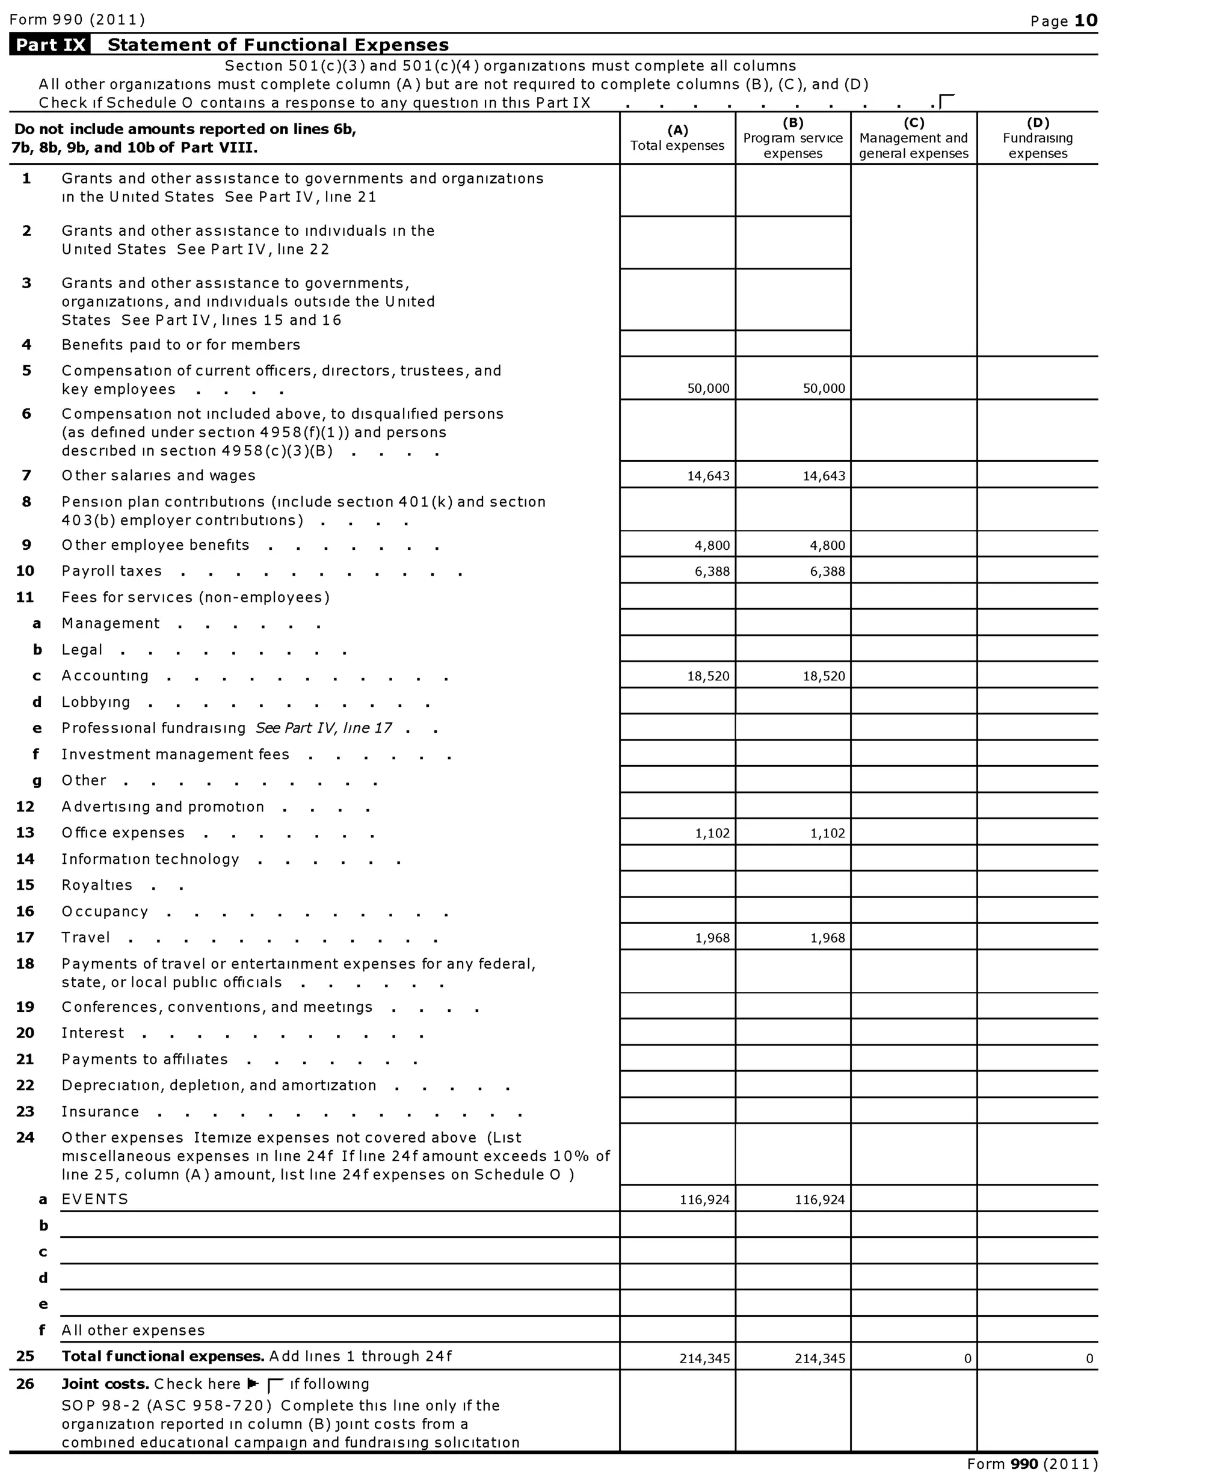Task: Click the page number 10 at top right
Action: tap(1086, 20)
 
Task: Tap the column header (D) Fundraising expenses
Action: tap(1037, 138)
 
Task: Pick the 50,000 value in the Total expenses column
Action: tap(708, 389)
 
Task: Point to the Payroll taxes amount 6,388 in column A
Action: tap(712, 571)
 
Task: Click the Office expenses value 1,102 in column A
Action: tap(712, 833)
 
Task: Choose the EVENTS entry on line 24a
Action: tap(94, 1199)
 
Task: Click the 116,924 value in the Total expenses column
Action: tap(704, 1200)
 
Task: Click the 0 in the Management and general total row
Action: tap(967, 1358)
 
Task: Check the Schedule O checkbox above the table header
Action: tap(947, 102)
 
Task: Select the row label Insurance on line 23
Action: tap(100, 1112)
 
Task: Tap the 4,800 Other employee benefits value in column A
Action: tap(712, 546)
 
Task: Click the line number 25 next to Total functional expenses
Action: tap(25, 1357)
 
